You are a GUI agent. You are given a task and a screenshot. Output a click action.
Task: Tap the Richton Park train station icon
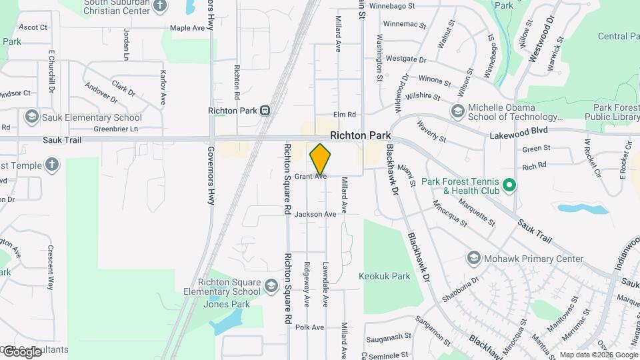tap(265, 110)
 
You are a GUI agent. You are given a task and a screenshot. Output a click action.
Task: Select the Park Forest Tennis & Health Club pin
tap(510, 184)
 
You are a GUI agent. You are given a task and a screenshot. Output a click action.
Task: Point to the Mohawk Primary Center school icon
tap(473, 258)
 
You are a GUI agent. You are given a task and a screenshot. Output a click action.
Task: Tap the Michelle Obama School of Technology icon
tap(457, 111)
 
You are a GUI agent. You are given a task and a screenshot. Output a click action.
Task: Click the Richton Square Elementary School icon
tap(271, 287)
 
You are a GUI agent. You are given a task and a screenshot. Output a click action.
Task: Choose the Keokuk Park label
tap(384, 276)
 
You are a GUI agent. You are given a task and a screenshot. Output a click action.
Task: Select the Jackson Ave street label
tap(315, 214)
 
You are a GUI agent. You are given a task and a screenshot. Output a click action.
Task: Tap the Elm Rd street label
tap(345, 115)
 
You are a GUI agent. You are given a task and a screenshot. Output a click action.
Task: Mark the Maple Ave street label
tap(187, 28)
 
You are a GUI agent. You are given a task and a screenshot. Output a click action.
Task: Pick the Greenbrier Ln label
tap(115, 129)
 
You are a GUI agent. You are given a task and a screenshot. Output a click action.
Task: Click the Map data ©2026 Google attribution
tap(599, 355)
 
